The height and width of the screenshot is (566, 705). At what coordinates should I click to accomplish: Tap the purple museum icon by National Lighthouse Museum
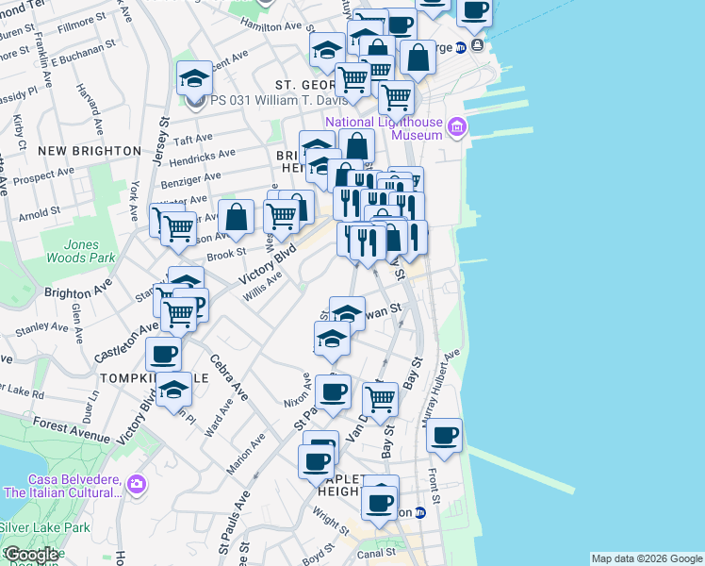click(x=457, y=126)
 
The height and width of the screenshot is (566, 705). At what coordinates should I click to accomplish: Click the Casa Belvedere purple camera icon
click(x=138, y=485)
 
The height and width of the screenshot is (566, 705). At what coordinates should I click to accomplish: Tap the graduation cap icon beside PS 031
click(x=194, y=77)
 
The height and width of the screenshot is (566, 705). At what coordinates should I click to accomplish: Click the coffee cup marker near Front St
click(x=444, y=436)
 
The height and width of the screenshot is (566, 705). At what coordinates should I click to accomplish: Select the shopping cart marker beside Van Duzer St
click(x=380, y=399)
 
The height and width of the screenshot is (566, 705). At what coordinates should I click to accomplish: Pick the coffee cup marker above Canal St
click(x=381, y=503)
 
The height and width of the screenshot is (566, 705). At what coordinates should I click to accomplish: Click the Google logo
click(x=31, y=555)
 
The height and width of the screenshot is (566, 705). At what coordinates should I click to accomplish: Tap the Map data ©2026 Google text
click(x=646, y=558)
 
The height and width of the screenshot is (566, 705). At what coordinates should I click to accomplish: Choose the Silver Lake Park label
click(x=44, y=526)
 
